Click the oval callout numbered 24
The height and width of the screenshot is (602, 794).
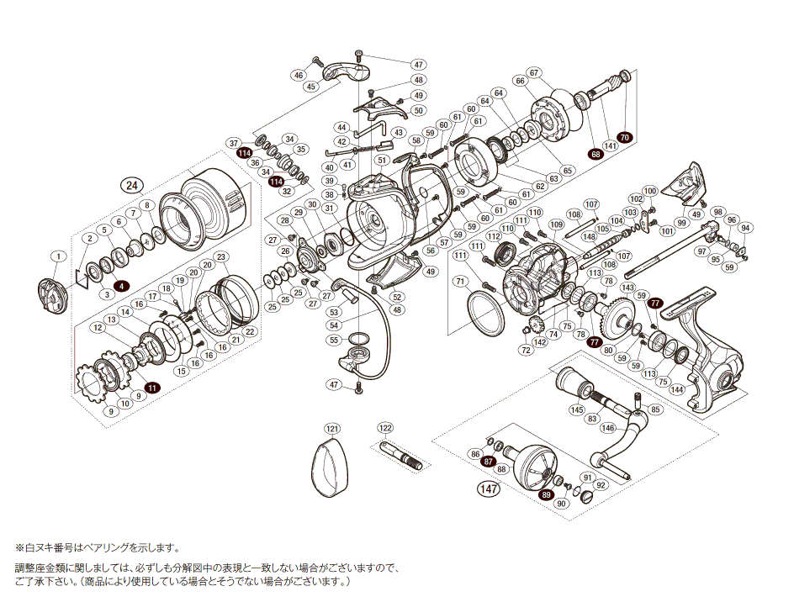pos(131,185)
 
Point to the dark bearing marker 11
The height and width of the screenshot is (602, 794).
pos(152,388)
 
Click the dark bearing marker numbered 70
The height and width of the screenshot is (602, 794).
pos(624,137)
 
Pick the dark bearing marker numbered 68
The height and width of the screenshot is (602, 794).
pos(595,154)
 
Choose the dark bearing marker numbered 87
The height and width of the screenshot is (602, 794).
pos(487,462)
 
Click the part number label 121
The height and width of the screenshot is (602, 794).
pos(332,428)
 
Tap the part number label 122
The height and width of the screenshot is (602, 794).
pos(386,428)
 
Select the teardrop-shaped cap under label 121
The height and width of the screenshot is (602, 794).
pos(329,469)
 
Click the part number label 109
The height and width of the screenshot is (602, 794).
pos(556,224)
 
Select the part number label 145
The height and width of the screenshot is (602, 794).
pos(576,410)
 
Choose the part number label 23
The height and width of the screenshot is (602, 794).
pos(221,256)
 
